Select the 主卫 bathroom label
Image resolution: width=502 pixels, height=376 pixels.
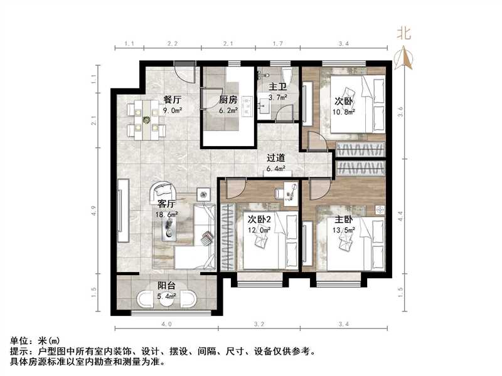point(277,88)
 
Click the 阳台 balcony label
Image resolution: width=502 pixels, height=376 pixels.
point(166,285)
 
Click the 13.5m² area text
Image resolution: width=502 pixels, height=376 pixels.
point(344,230)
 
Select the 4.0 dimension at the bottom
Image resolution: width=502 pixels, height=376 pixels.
point(166,325)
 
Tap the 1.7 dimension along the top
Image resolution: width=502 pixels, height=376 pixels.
point(277,44)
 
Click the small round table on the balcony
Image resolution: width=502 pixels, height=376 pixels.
point(166,300)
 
